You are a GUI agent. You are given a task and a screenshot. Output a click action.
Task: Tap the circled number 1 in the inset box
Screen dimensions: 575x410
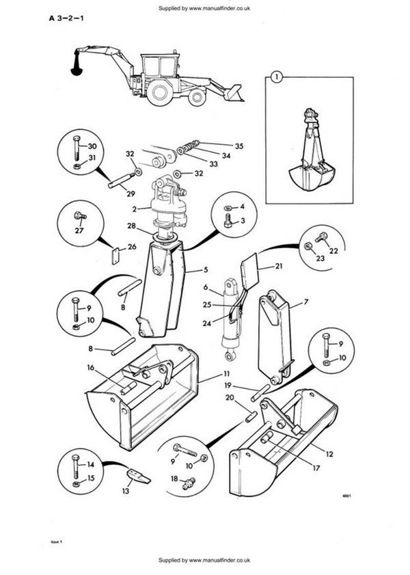click(x=275, y=77)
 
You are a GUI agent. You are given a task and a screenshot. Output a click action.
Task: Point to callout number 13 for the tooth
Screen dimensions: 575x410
click(x=124, y=491)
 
